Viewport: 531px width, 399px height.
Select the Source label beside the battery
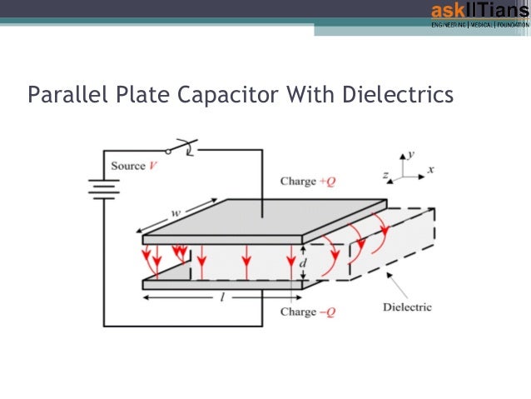pos(128,166)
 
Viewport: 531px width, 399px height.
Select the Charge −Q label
pos(309,312)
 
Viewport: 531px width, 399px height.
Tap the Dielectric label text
pos(407,307)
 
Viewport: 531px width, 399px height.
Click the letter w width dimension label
pos(176,214)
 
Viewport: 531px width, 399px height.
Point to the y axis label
pos(412,155)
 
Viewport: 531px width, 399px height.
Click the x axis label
pos(431,168)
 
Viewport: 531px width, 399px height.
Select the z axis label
pos(386,176)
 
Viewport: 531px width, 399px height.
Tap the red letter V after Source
pos(153,166)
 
